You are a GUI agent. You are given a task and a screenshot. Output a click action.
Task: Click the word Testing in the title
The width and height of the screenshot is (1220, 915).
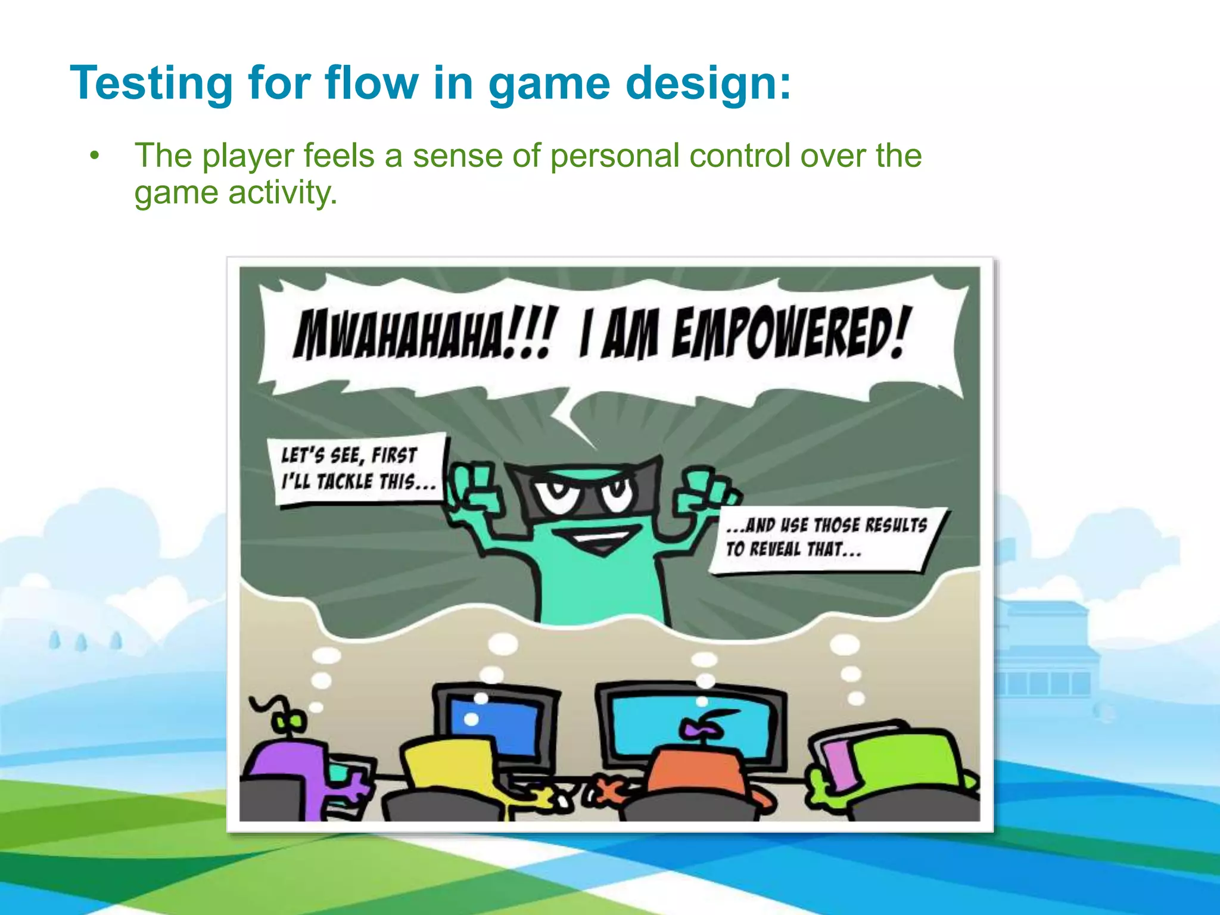coord(151,83)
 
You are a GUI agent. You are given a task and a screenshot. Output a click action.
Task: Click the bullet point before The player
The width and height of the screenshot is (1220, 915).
coord(94,157)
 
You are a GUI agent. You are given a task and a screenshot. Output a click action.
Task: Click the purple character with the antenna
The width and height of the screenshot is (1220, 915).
coord(286,768)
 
